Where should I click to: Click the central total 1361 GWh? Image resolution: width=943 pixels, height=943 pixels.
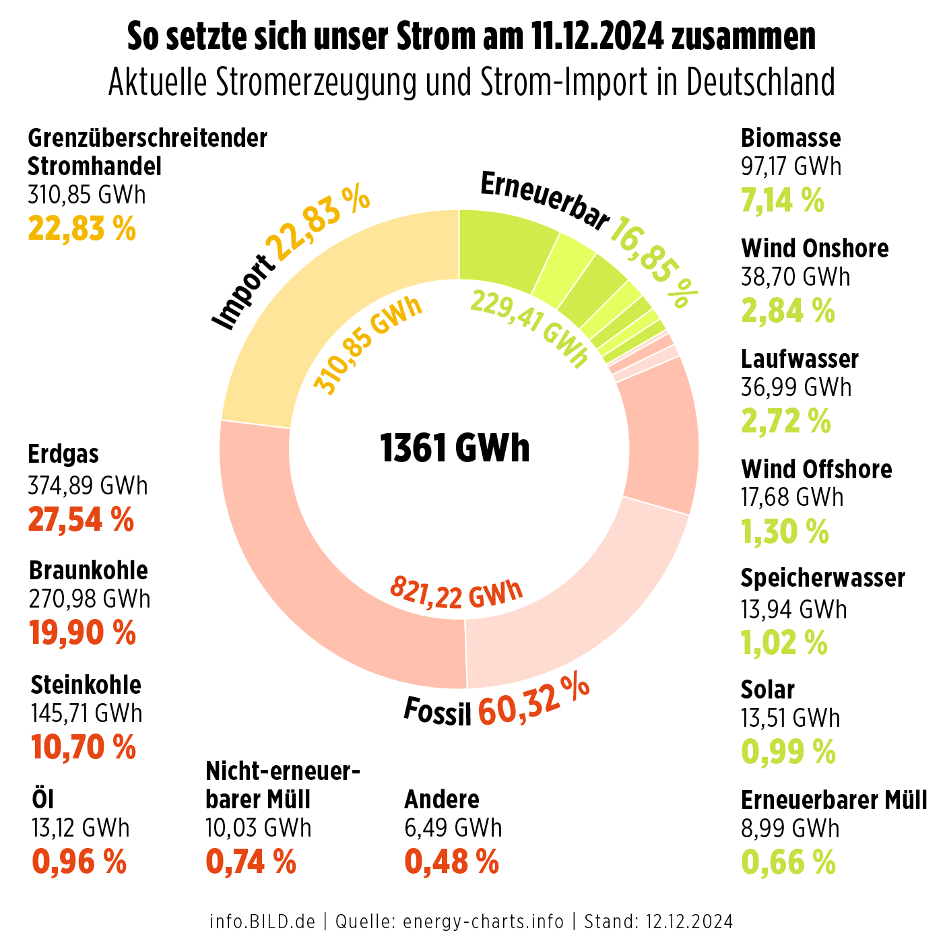point(455,448)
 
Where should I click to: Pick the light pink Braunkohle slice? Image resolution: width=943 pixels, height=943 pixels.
point(573,606)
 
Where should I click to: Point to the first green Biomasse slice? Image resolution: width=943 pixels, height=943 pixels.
point(502,249)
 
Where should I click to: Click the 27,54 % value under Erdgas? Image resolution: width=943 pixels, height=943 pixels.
point(81,520)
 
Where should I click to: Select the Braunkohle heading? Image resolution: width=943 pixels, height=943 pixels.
point(88,571)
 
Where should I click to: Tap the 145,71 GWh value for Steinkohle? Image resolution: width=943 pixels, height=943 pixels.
point(87,713)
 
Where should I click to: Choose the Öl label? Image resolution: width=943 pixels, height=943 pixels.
point(42,800)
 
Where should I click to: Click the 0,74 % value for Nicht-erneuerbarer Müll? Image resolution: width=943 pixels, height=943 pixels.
point(251,861)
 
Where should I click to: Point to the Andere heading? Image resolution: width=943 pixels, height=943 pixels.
point(442,800)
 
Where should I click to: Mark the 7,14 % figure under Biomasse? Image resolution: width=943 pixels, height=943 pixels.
point(783,200)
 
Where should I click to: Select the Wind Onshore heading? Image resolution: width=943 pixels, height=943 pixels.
point(815,249)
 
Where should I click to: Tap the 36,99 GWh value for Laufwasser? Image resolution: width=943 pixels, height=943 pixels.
point(796,387)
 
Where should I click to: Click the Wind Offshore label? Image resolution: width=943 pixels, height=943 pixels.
point(816,469)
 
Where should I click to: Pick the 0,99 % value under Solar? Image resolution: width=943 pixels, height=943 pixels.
point(788,752)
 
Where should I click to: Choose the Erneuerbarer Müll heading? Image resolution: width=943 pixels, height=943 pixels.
point(834,800)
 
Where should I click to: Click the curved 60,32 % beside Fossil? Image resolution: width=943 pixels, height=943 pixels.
point(533,701)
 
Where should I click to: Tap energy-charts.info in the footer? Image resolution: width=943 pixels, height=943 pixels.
point(483,921)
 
